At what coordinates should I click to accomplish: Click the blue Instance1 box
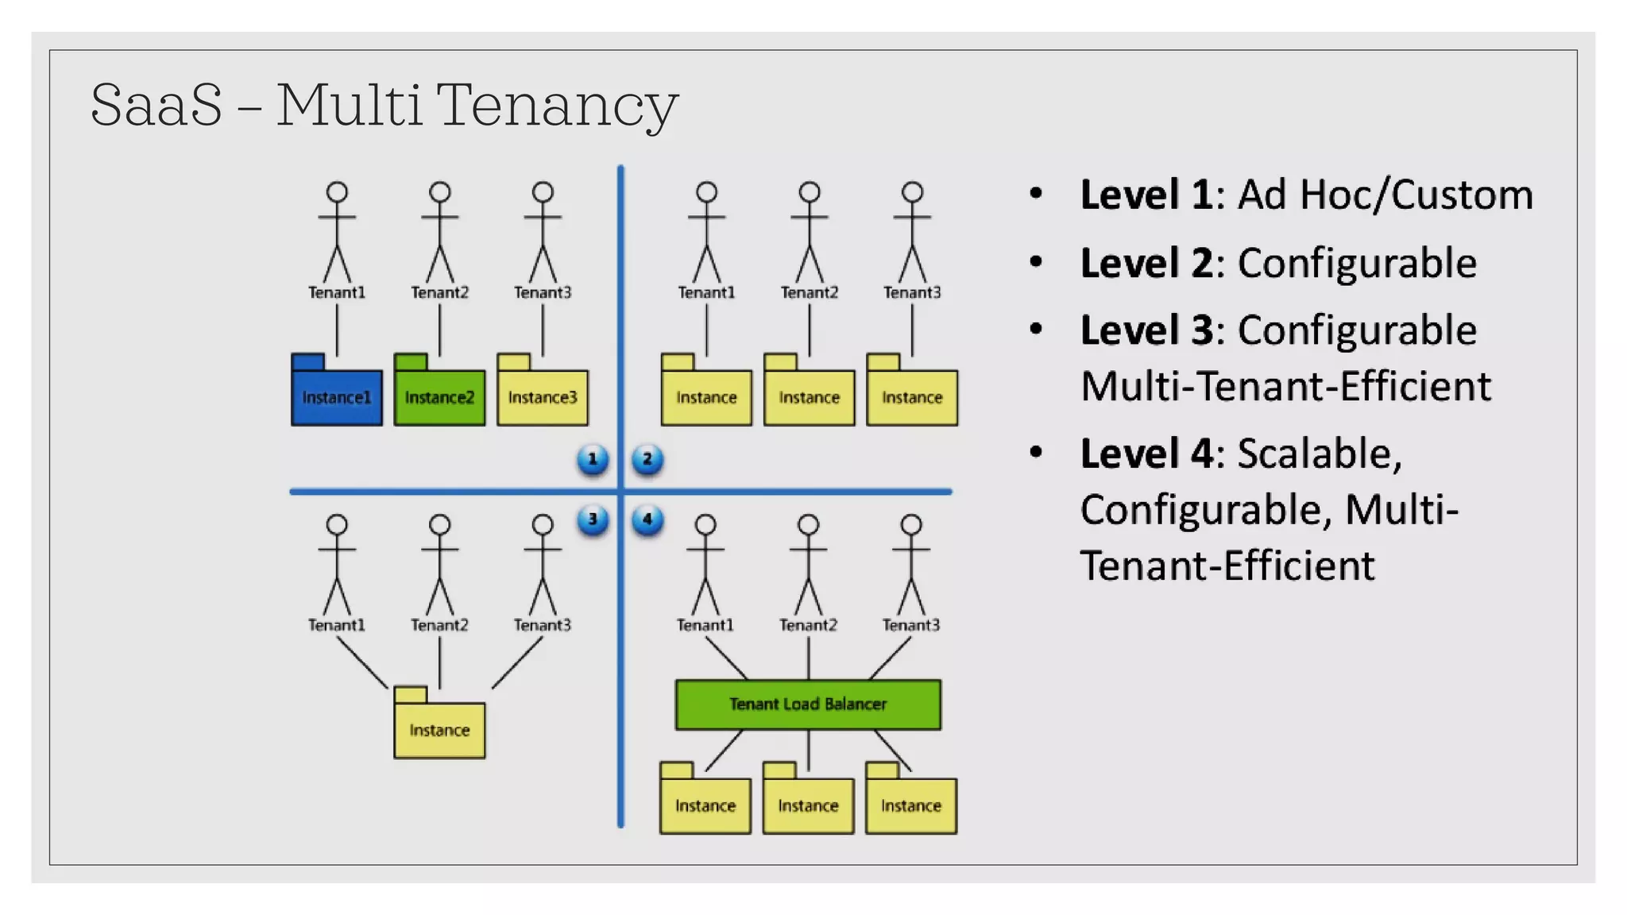click(x=336, y=396)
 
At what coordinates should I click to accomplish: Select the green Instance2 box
click(x=439, y=396)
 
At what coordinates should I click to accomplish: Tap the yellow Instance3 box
click(x=543, y=396)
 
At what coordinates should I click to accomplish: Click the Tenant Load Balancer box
click(x=808, y=704)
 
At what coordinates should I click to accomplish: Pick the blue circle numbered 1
click(x=593, y=459)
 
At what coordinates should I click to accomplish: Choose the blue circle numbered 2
click(x=647, y=459)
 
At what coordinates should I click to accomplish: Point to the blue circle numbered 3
click(x=593, y=519)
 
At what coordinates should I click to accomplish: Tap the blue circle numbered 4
click(x=647, y=519)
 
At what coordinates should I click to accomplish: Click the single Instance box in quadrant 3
click(x=439, y=729)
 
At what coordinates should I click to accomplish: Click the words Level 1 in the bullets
click(x=1146, y=195)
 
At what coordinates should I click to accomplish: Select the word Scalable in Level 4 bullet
click(x=1319, y=454)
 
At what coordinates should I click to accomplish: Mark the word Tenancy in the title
click(x=557, y=105)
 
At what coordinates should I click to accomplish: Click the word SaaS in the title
click(x=157, y=105)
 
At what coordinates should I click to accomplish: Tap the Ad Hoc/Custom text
click(x=1385, y=195)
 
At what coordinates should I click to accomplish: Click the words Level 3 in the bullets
click(x=1146, y=330)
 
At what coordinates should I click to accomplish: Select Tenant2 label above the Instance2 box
click(x=439, y=292)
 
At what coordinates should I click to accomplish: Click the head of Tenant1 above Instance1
click(x=337, y=192)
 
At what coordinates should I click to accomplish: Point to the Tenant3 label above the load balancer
click(x=911, y=625)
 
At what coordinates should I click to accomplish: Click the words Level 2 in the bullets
click(x=1146, y=263)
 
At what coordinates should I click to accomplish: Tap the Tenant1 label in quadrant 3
click(x=337, y=625)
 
